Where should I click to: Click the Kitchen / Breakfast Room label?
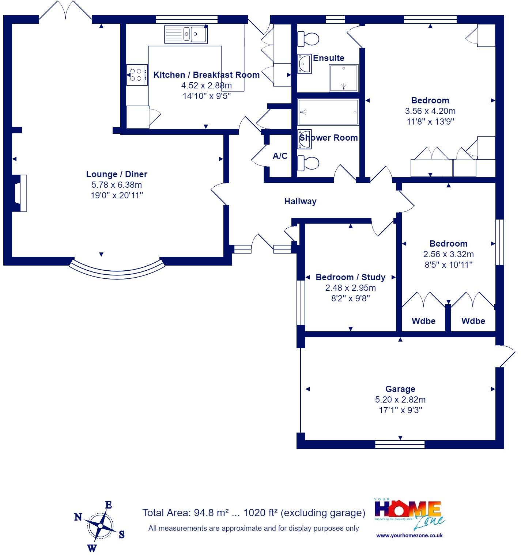[206, 75]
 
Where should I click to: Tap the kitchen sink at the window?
[186, 34]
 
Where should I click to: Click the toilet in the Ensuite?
[308, 39]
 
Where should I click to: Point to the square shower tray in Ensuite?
[344, 78]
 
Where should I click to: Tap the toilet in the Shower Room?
[308, 163]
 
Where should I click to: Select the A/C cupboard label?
[280, 156]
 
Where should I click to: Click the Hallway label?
[300, 201]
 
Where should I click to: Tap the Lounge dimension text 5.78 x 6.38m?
[117, 185]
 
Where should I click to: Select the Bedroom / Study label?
[350, 277]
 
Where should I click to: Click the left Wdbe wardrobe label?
[423, 321]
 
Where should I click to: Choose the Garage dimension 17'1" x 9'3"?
[400, 410]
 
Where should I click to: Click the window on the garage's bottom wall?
[400, 445]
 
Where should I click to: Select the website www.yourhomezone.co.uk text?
[409, 535]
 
